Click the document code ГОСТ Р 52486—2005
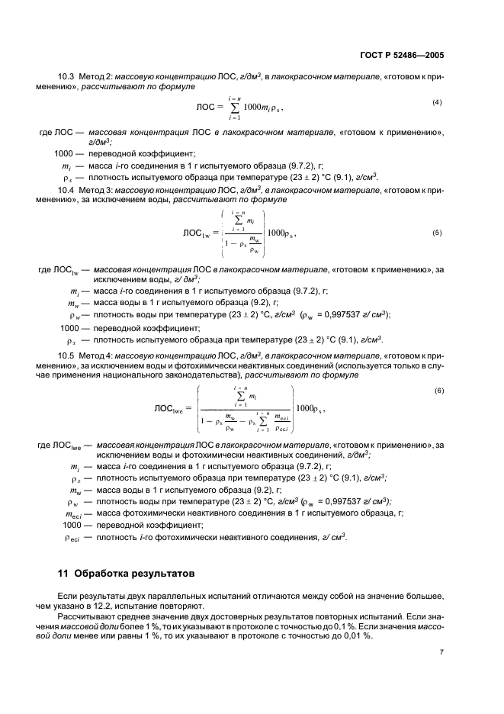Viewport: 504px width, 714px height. click(x=411, y=55)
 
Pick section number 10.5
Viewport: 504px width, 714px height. click(x=66, y=355)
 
